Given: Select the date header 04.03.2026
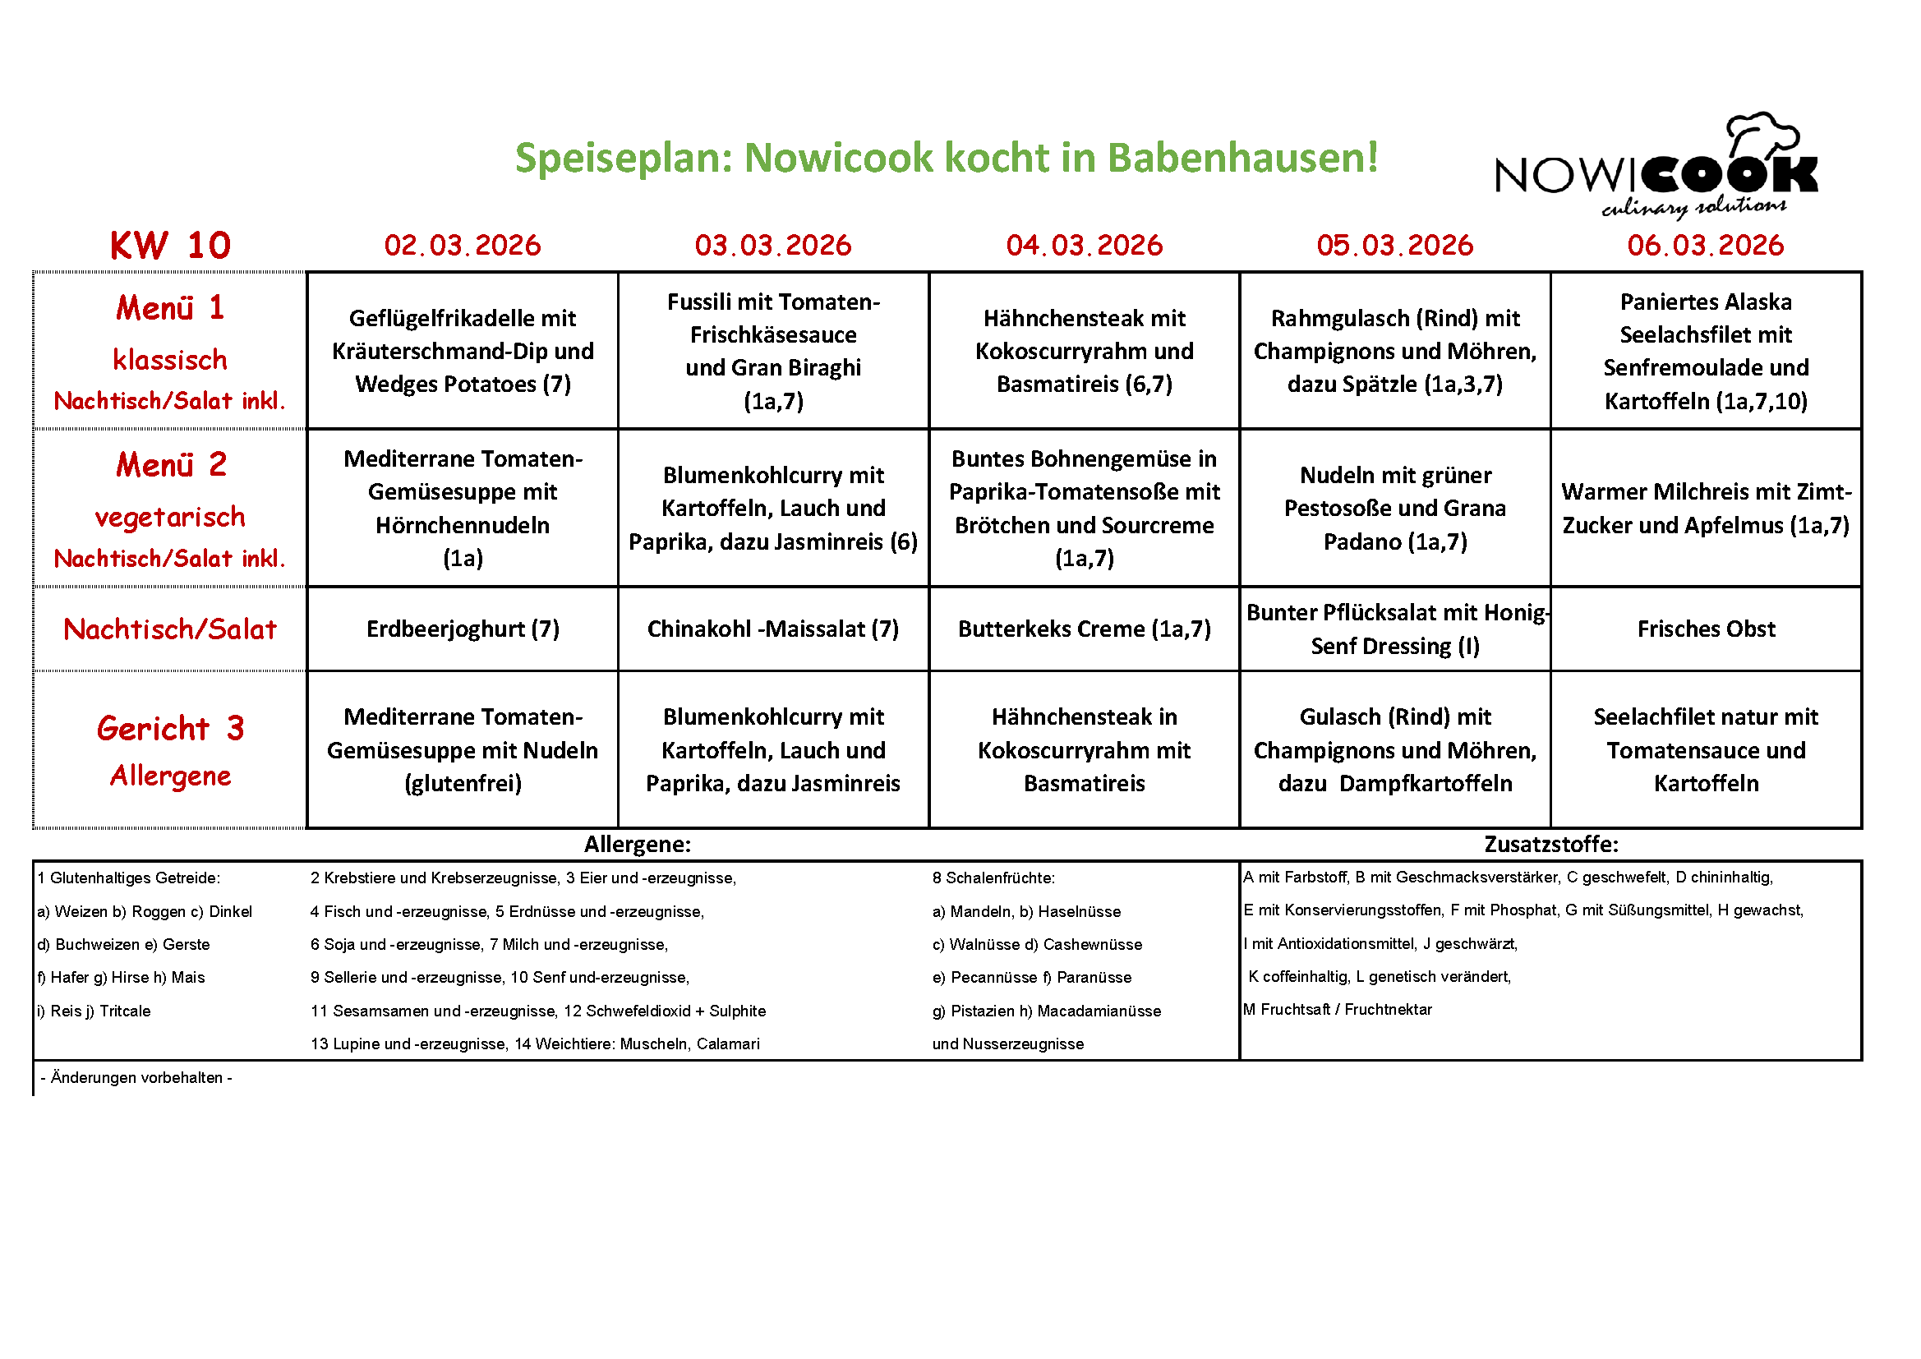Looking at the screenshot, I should [x=1085, y=245].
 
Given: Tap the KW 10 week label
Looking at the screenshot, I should [x=170, y=245].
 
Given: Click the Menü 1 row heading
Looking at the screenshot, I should [x=170, y=308].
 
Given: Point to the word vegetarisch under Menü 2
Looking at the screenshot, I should [x=170, y=517].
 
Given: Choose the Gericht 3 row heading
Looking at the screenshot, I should [x=170, y=728].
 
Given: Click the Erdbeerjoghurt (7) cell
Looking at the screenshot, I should [x=463, y=629].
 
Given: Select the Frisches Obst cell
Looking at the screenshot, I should [x=1705, y=629].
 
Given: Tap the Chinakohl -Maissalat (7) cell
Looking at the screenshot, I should [x=773, y=629].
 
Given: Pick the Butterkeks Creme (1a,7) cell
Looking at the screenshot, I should [x=1085, y=629].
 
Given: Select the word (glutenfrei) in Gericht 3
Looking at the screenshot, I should [x=463, y=783].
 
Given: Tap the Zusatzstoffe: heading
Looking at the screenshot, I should [x=1550, y=844].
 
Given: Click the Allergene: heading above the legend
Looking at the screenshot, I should [x=638, y=844].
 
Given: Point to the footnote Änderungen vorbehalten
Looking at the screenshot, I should [x=136, y=1077].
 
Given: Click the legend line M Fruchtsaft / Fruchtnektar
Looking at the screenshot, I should [x=1337, y=1009].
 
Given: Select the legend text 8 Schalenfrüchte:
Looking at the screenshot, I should [x=993, y=878].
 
